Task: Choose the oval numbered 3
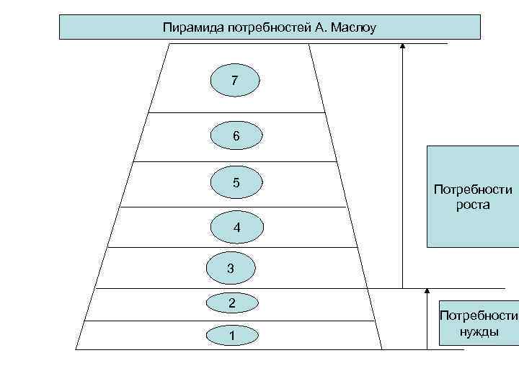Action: (x=230, y=269)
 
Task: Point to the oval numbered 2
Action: (x=232, y=303)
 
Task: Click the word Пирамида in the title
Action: (x=190, y=28)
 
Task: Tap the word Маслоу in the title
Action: (x=353, y=28)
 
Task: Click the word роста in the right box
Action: (x=472, y=205)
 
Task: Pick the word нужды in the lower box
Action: (x=479, y=332)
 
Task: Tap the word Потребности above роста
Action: (x=473, y=190)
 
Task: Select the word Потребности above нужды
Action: (x=479, y=316)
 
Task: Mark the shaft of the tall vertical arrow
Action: (x=403, y=166)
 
